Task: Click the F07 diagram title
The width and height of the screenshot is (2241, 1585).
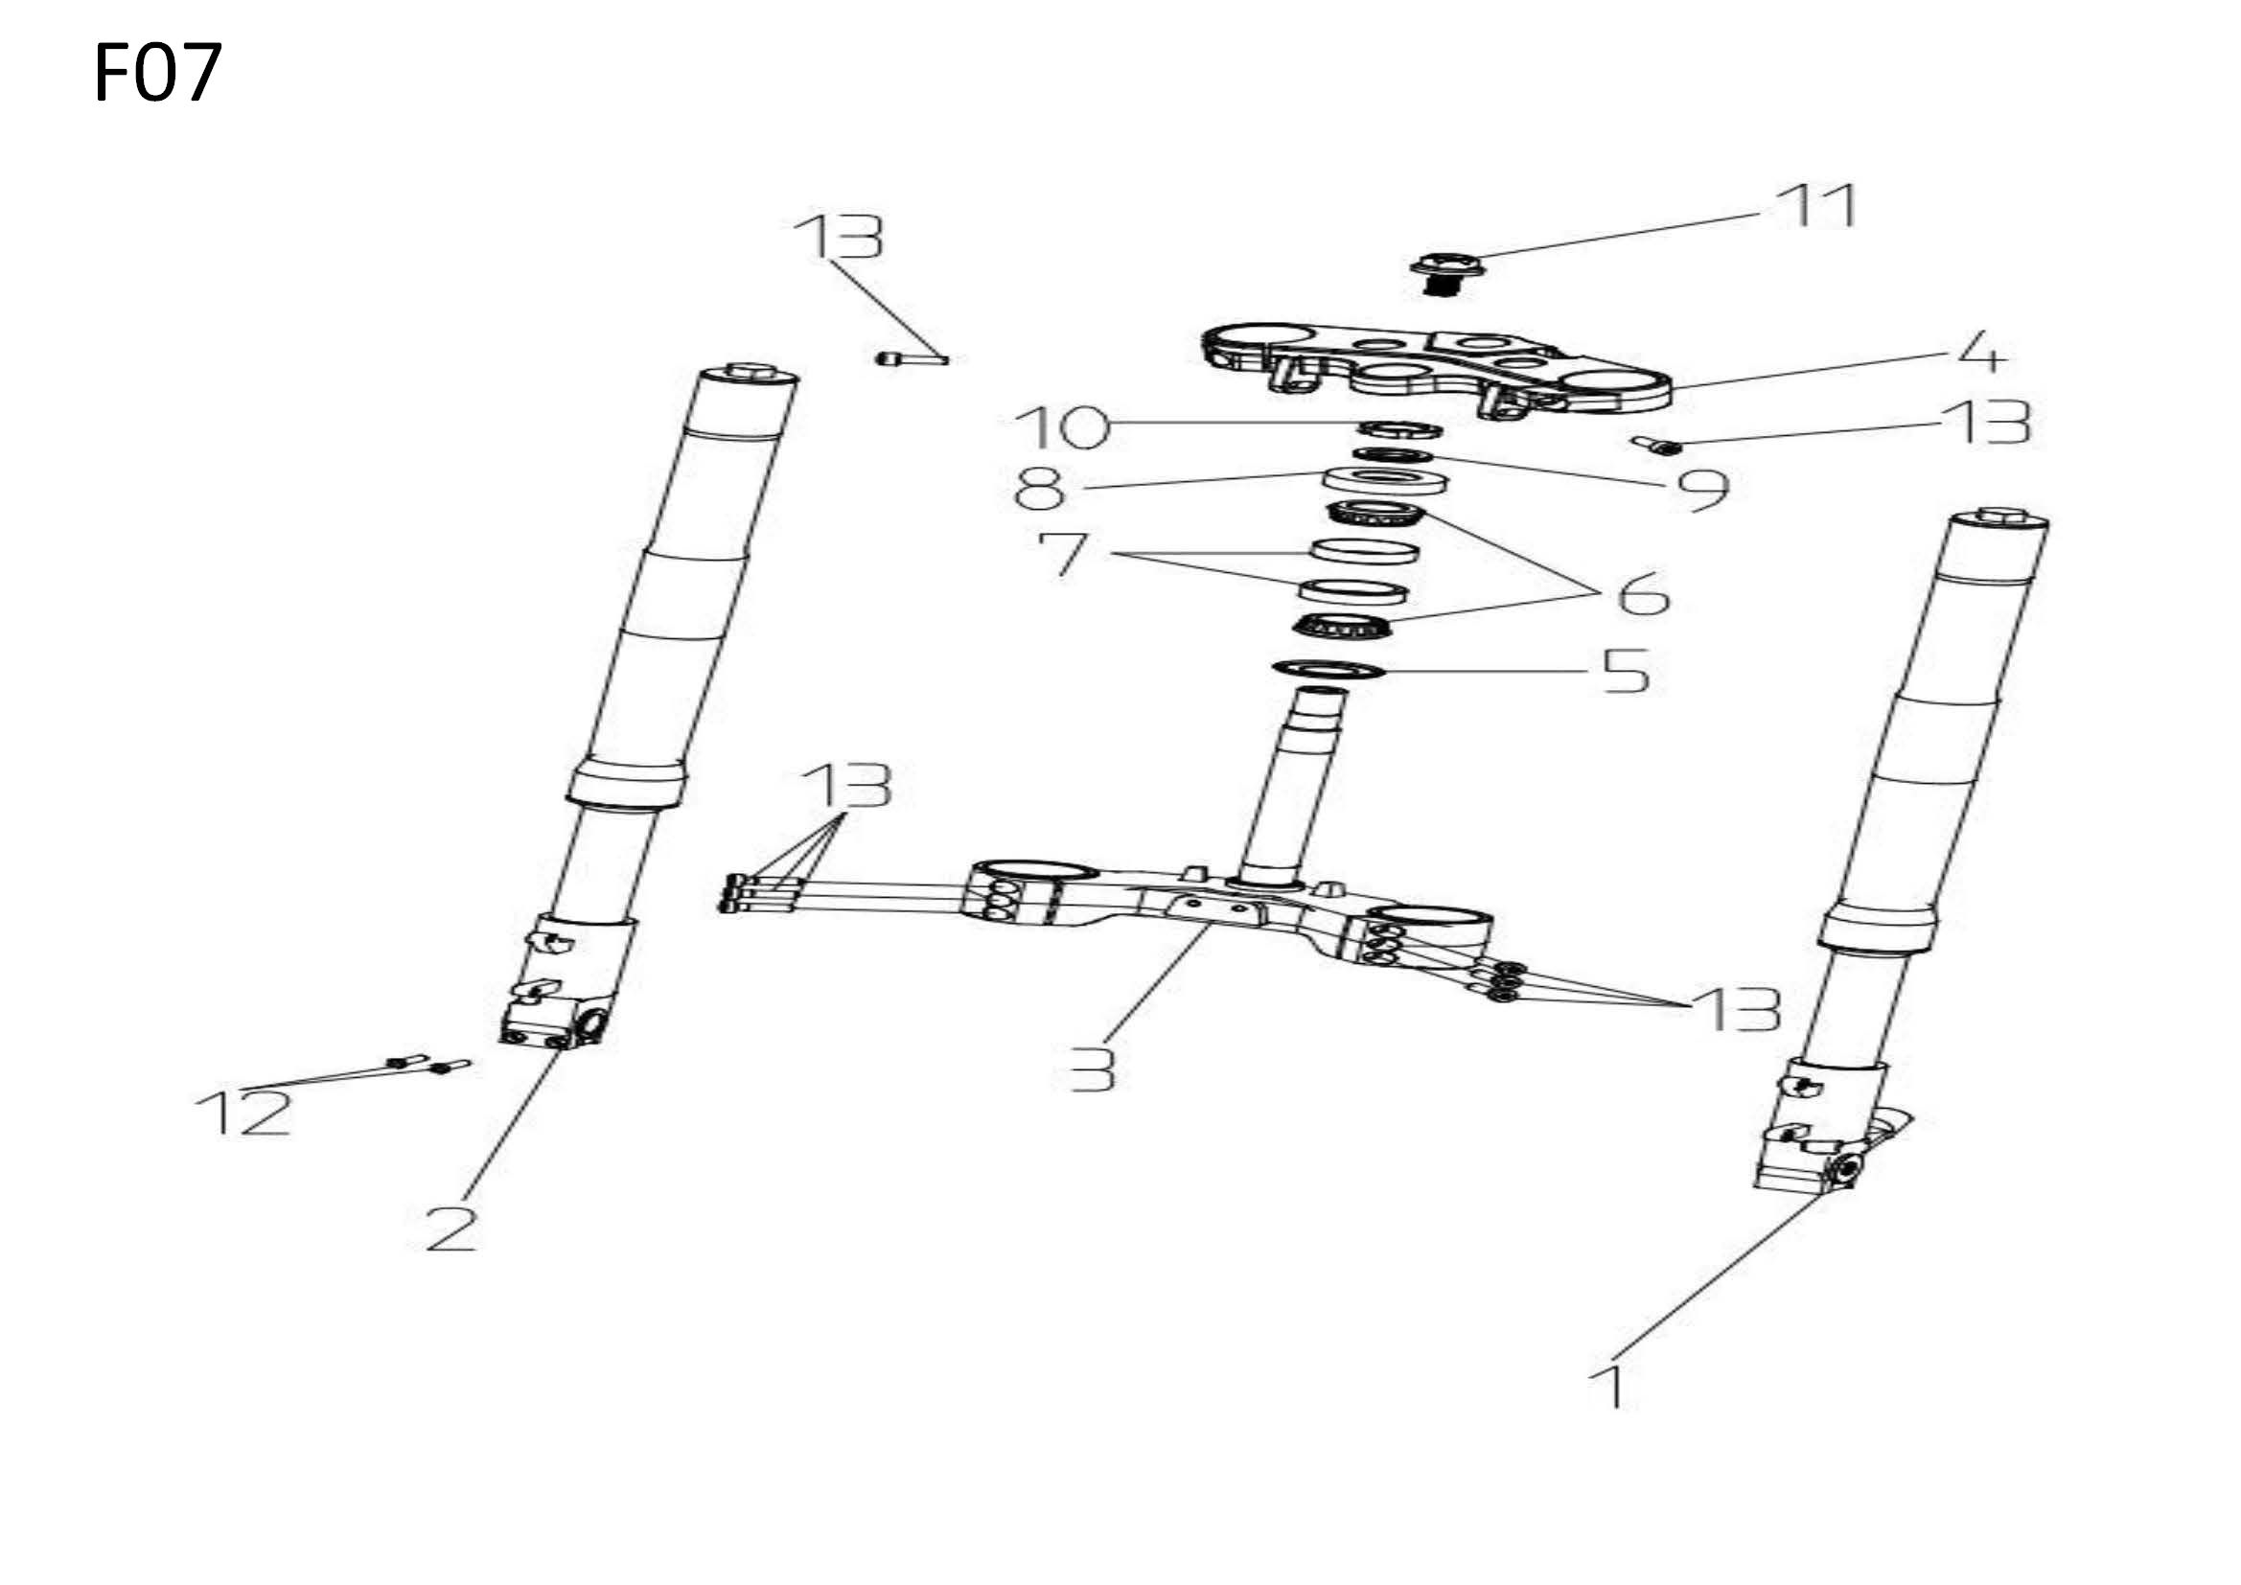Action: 158,72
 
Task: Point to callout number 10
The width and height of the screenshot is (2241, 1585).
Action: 1062,427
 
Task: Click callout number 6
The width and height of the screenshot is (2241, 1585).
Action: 1643,592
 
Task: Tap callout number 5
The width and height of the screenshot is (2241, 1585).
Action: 1626,672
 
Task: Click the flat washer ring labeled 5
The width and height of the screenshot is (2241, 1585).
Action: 1328,670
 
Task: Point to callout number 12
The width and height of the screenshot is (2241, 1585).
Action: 244,1114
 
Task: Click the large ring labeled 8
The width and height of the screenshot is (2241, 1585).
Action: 1385,480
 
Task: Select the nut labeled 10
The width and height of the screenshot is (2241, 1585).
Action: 1400,427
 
